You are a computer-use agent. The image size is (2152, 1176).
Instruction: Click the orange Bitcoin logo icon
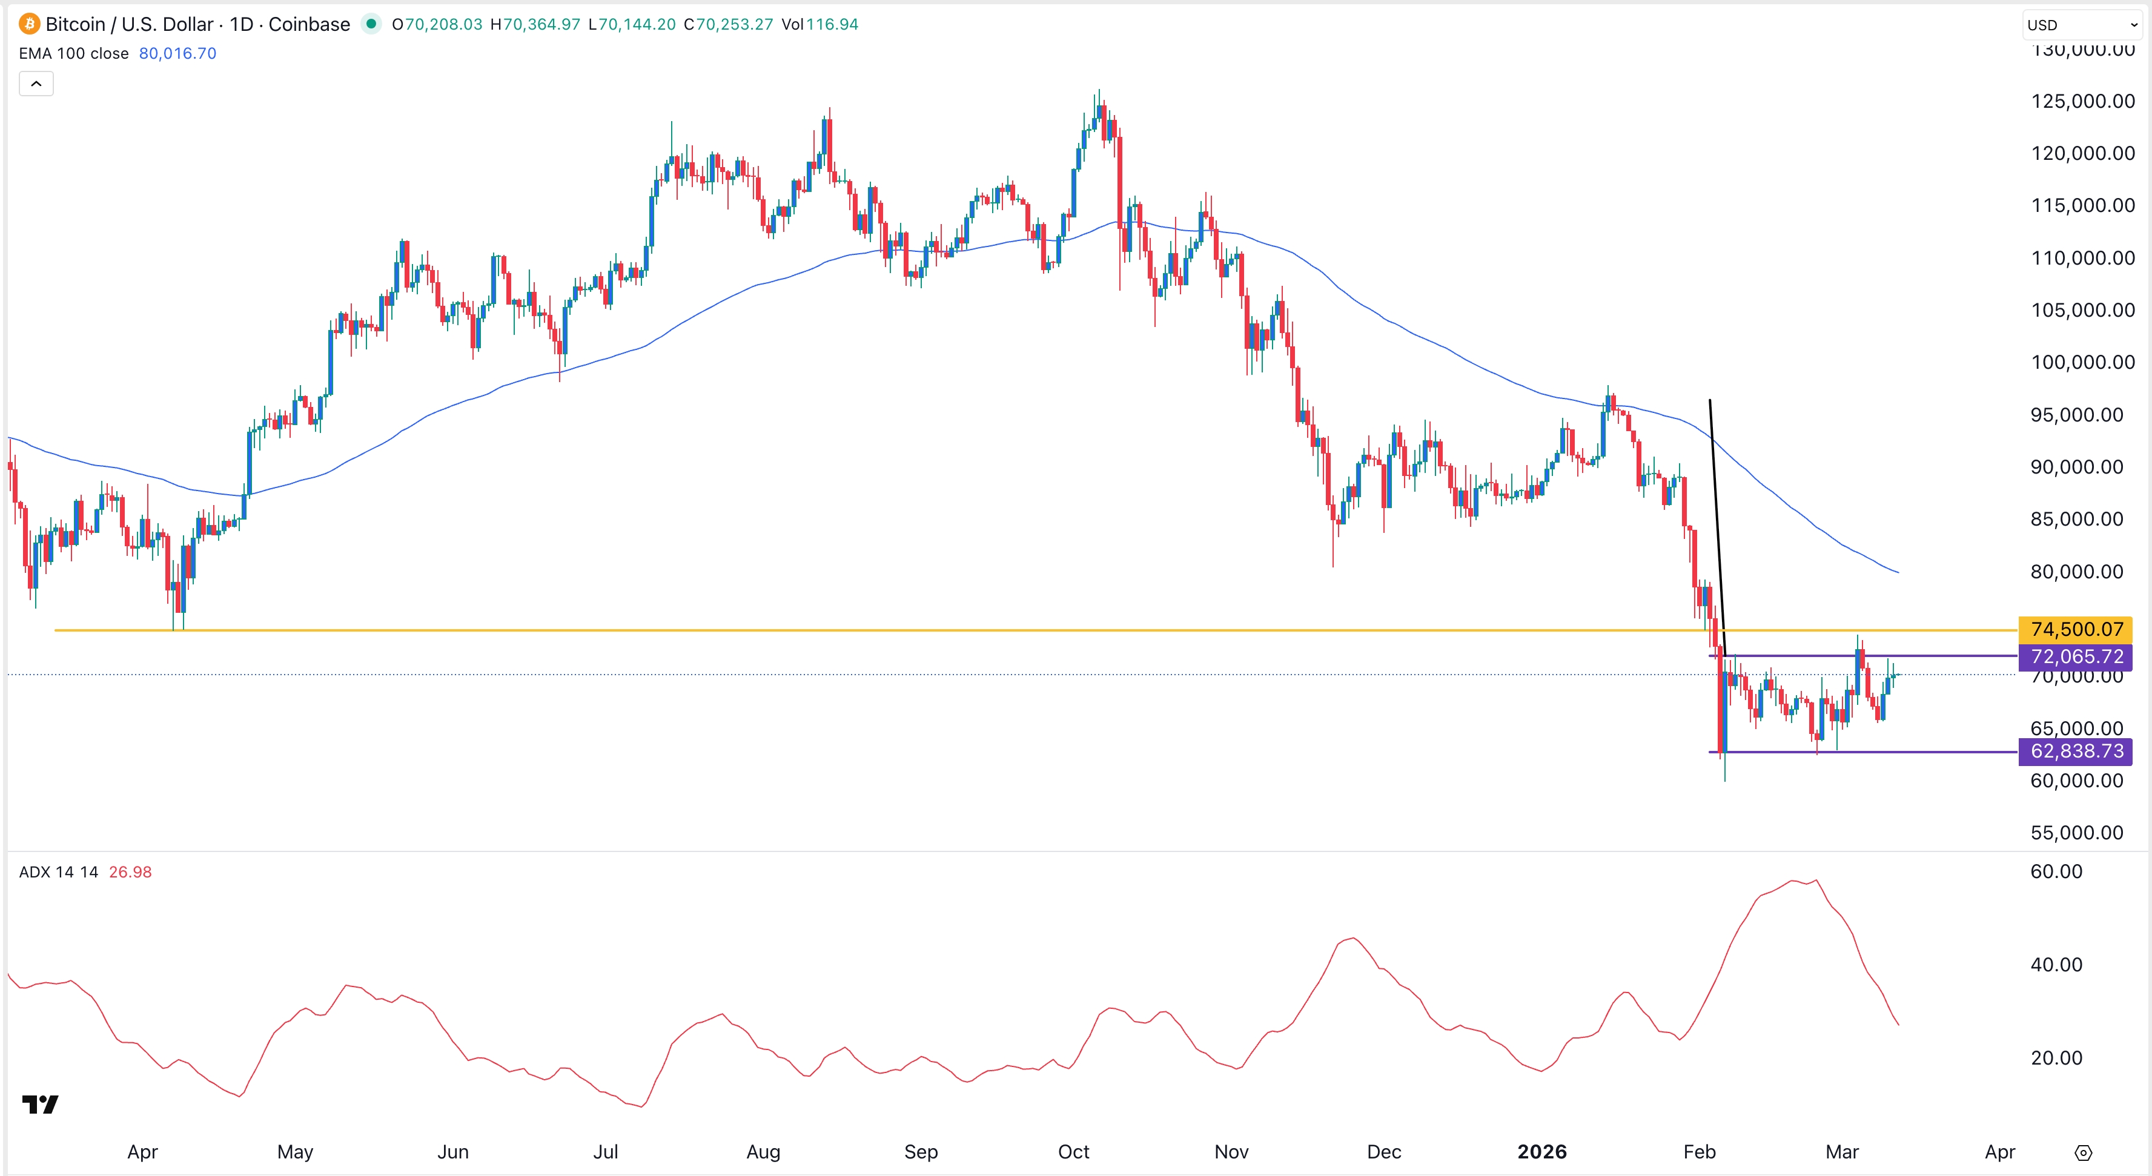(x=29, y=24)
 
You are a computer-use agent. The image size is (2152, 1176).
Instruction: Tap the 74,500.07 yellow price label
(x=2075, y=629)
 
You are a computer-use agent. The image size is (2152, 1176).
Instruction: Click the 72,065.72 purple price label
(x=2075, y=656)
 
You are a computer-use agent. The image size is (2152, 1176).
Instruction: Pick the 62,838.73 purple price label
(x=2075, y=751)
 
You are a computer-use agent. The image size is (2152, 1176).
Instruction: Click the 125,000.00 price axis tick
(x=2082, y=101)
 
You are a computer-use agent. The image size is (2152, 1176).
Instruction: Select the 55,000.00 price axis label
(x=2076, y=833)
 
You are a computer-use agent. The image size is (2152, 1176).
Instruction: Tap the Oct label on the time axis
(x=1073, y=1152)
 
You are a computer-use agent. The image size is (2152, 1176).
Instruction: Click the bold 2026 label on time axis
(x=1541, y=1152)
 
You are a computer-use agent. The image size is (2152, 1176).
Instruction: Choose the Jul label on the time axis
(x=605, y=1152)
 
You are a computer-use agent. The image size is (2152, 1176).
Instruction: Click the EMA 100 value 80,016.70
(x=177, y=53)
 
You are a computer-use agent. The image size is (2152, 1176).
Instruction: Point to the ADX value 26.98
(x=130, y=872)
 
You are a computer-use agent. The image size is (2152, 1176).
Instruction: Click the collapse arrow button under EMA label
(x=36, y=84)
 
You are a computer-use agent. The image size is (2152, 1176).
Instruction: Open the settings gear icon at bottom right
(x=2083, y=1152)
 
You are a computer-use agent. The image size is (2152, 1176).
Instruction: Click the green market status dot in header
(x=371, y=24)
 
